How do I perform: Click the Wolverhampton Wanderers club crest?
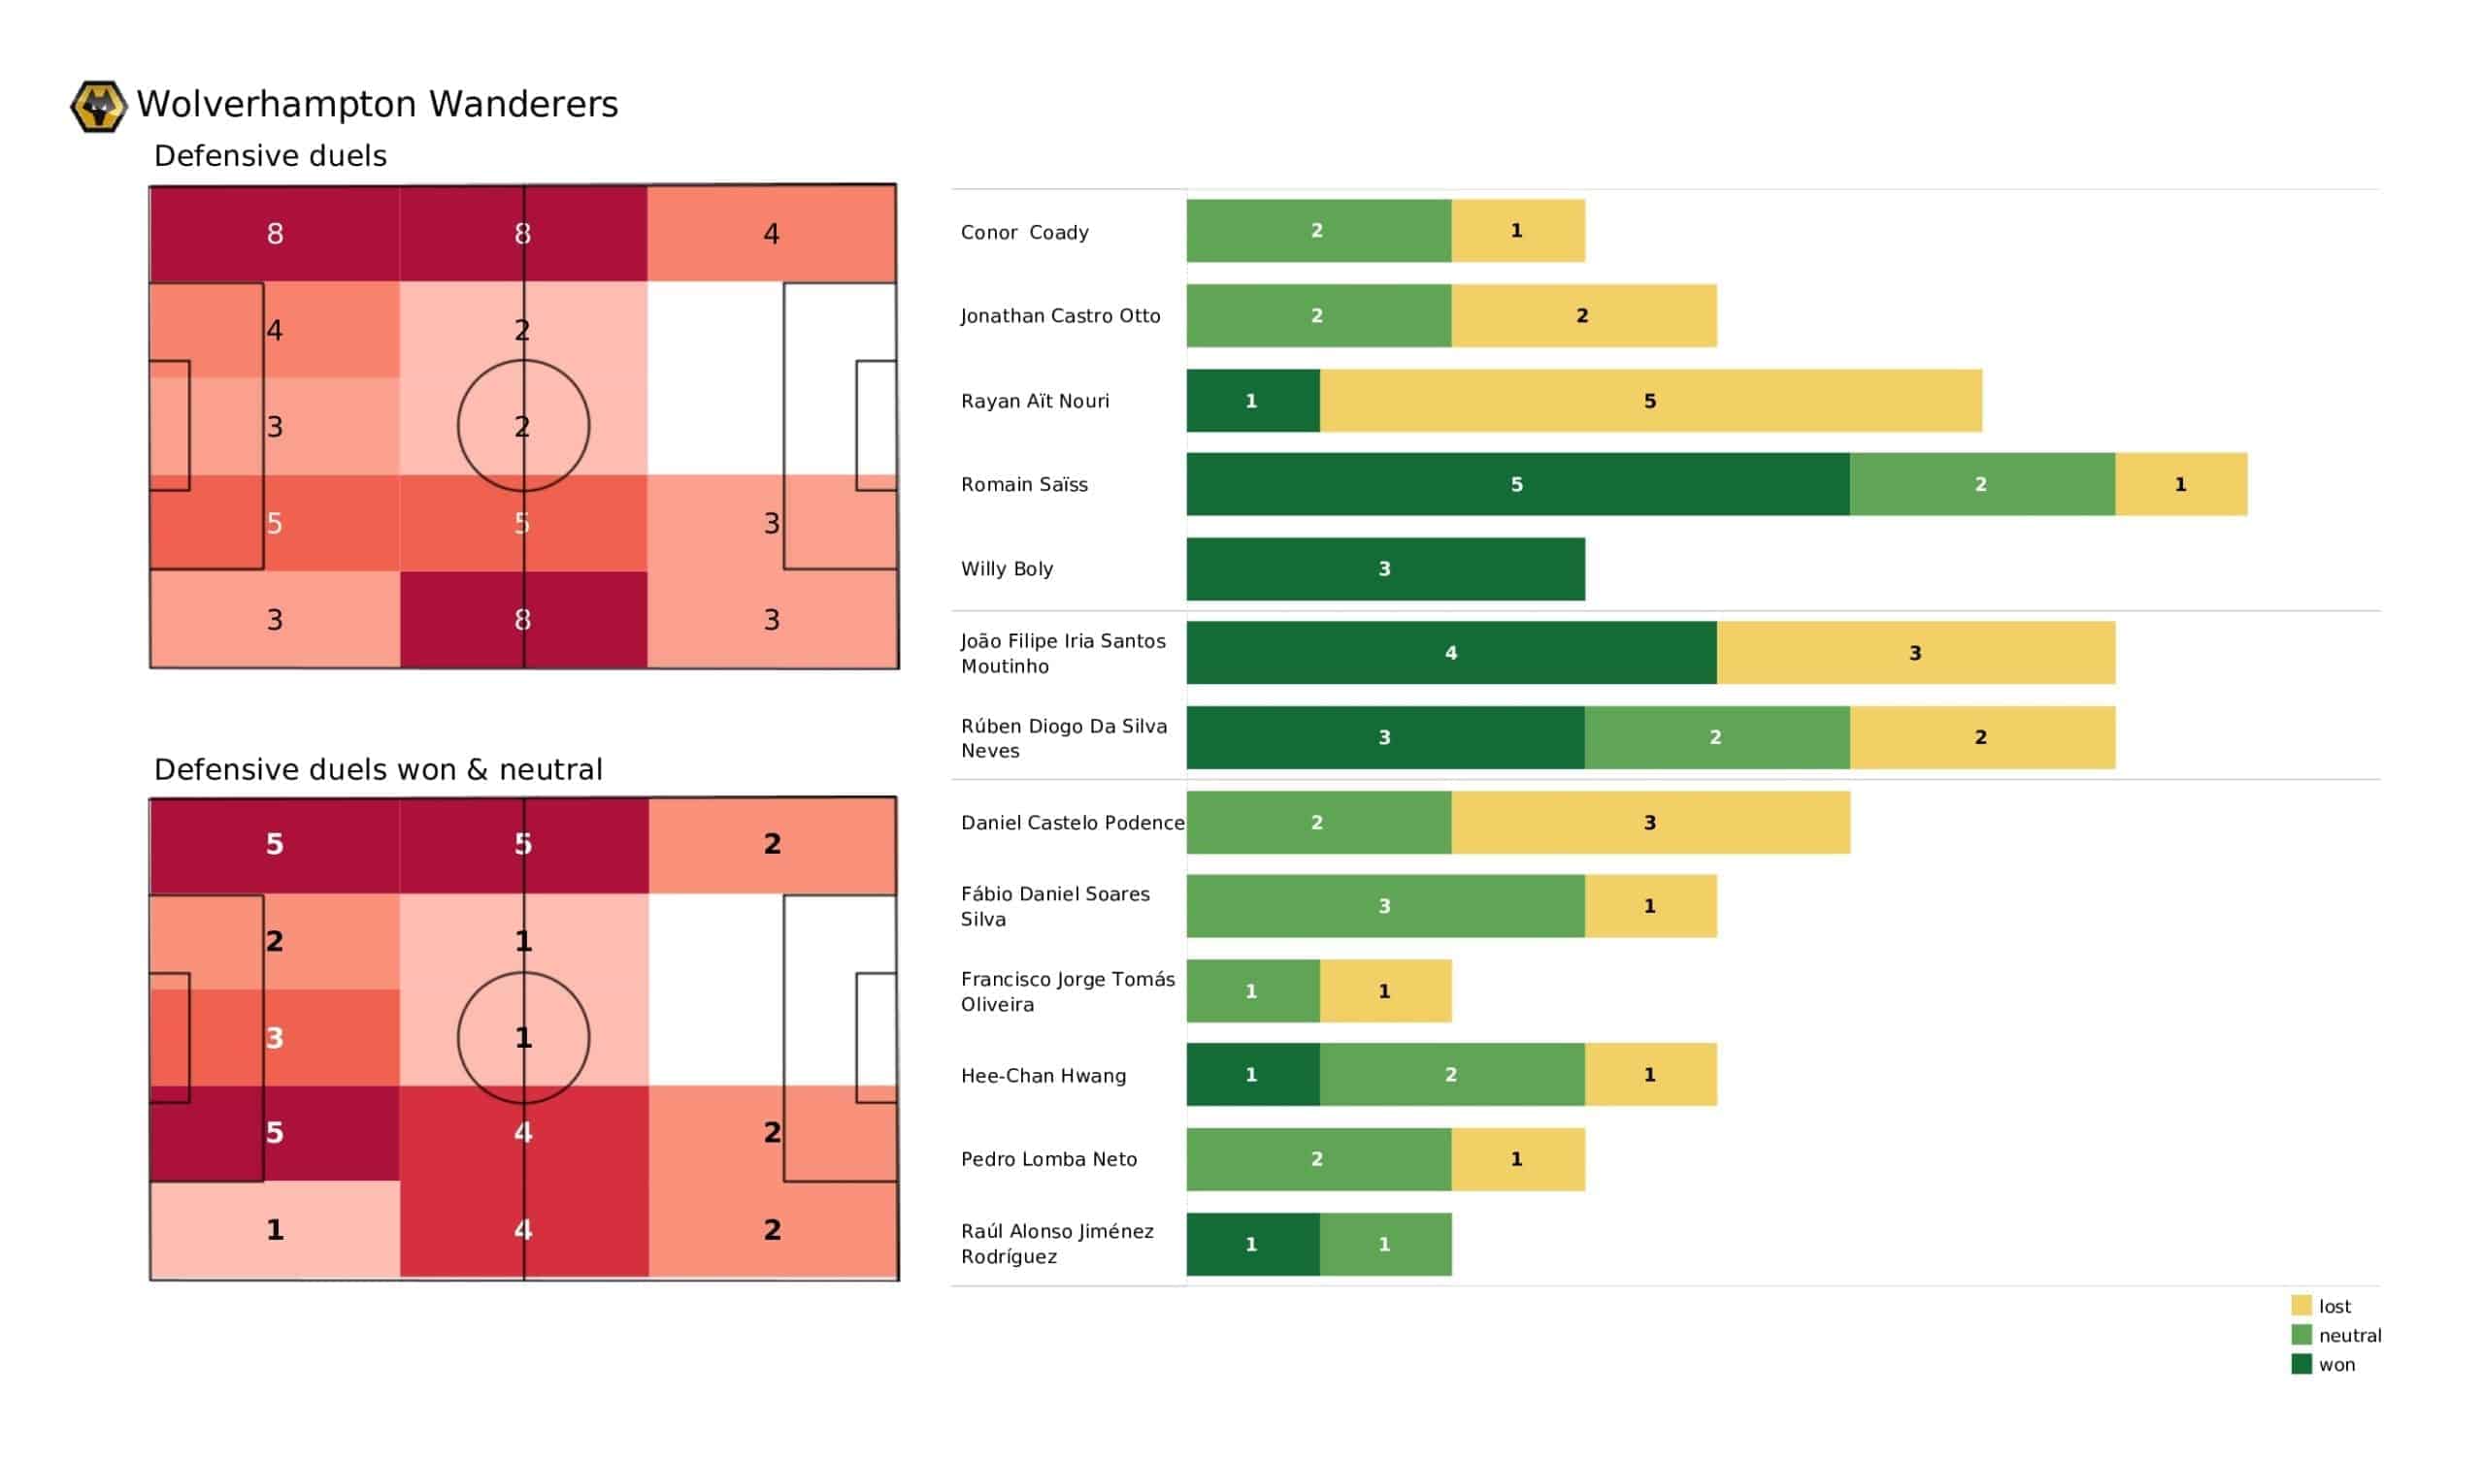click(x=99, y=106)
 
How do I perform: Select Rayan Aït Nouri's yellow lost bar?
click(x=1650, y=401)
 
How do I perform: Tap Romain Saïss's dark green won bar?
click(x=1516, y=484)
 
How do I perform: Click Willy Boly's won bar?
click(x=1384, y=568)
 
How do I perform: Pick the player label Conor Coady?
click(x=1024, y=233)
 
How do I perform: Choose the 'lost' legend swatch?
click(x=2302, y=1305)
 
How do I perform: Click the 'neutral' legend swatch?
click(x=2302, y=1335)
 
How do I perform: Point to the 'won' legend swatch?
click(x=2302, y=1364)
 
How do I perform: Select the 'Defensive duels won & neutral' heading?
click(x=378, y=769)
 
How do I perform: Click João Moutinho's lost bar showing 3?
click(x=1915, y=653)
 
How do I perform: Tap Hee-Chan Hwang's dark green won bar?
click(x=1252, y=1075)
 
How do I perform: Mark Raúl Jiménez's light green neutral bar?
click(x=1384, y=1244)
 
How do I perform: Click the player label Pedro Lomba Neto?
click(x=1048, y=1159)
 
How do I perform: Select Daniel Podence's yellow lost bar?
click(x=1650, y=823)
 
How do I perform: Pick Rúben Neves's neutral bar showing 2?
click(x=1716, y=737)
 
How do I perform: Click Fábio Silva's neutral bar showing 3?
click(x=1384, y=906)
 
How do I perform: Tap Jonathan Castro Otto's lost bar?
click(x=1582, y=315)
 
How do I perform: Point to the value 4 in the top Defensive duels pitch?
click(x=771, y=234)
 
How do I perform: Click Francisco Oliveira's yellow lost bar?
click(x=1384, y=990)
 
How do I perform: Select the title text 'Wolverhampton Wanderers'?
click(x=377, y=105)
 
